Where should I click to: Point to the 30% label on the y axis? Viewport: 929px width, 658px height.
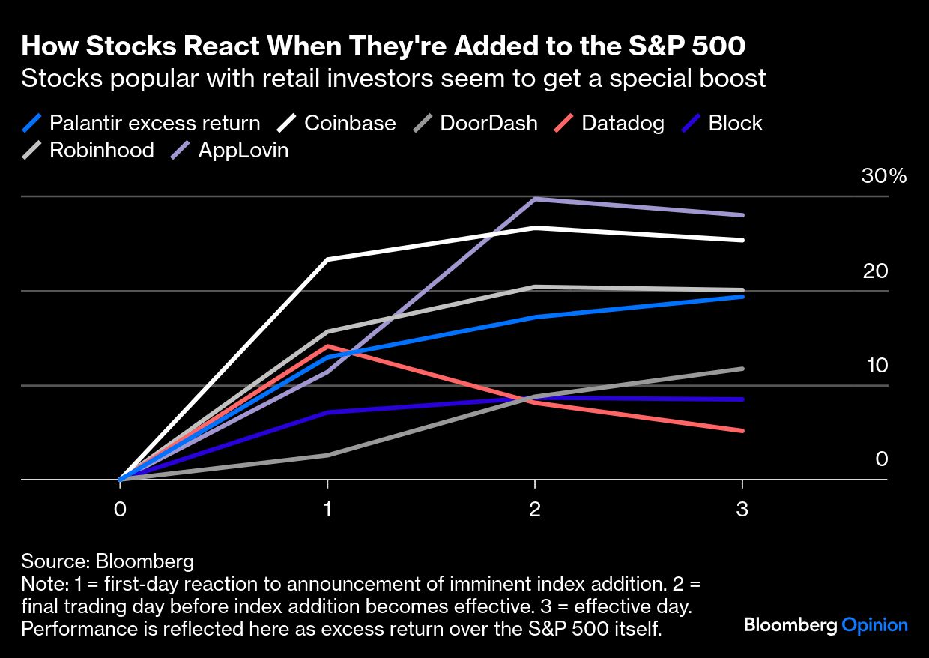[x=883, y=177]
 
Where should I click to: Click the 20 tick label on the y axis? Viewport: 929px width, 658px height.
[x=874, y=271]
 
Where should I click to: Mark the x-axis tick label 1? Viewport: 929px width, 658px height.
[x=327, y=510]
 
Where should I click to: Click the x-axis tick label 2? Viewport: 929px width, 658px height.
[x=534, y=510]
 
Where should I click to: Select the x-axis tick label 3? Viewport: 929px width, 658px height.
[x=742, y=510]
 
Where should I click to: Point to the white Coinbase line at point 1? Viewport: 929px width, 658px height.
[x=327, y=259]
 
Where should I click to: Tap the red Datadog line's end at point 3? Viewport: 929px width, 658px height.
[x=742, y=431]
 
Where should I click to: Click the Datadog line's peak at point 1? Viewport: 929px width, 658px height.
[x=327, y=345]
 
